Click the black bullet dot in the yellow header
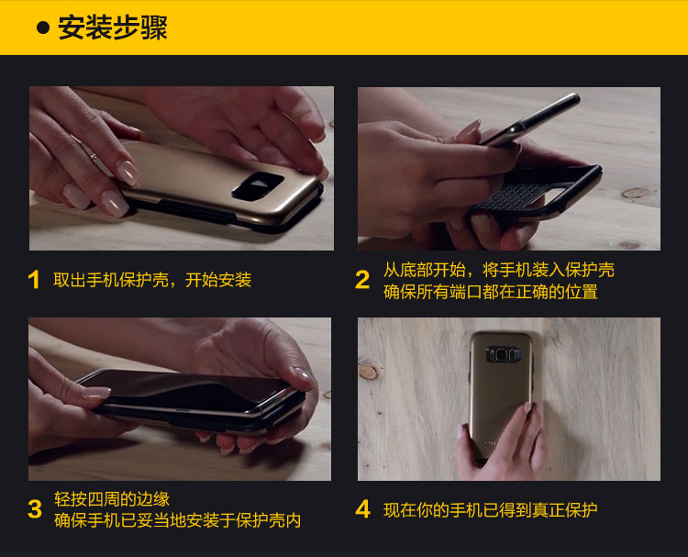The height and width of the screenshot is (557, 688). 43,28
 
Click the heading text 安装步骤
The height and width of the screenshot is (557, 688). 113,28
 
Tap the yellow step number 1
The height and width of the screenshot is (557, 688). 33,280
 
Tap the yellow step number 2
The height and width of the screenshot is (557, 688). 362,280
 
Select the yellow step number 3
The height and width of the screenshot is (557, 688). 35,509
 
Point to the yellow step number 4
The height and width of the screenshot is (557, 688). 363,509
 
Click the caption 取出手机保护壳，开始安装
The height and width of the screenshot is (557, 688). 152,280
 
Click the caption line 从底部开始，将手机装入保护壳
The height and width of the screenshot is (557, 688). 499,270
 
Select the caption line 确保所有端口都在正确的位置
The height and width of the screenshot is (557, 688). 491,292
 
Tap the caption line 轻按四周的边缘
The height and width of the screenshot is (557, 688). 112,499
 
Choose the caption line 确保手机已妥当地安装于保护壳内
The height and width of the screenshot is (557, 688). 177,520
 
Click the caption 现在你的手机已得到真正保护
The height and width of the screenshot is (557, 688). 491,509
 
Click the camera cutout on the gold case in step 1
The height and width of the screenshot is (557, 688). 258,185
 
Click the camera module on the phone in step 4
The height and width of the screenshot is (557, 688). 504,354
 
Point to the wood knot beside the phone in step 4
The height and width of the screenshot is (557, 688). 369,372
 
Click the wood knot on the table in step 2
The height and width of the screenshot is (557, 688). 636,193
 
